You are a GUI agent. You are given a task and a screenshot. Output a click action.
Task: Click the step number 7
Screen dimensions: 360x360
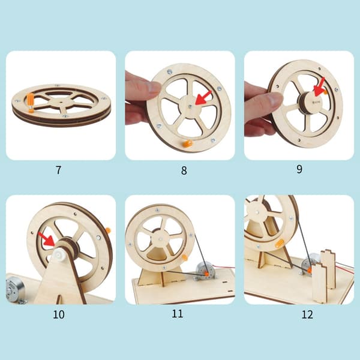[x=59, y=170]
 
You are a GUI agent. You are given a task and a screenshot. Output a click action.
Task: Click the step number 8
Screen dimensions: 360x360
[x=184, y=170]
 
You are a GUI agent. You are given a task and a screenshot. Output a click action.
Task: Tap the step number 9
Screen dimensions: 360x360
[x=299, y=169]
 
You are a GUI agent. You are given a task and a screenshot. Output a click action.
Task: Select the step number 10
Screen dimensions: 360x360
[x=59, y=314]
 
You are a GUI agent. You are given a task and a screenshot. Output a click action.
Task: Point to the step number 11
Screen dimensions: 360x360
[x=177, y=313]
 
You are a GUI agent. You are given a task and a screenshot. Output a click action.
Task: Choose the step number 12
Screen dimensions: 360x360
[x=307, y=314]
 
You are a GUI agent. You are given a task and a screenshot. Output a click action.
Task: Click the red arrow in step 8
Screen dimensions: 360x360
[x=203, y=98]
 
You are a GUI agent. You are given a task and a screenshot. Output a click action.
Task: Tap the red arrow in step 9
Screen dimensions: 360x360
[x=319, y=87]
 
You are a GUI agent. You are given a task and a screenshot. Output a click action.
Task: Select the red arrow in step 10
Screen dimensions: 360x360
[x=47, y=239]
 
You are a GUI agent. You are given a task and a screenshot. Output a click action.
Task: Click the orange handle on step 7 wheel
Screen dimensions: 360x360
[x=31, y=103]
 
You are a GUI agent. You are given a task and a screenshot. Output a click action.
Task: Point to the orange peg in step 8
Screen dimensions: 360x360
[x=188, y=143]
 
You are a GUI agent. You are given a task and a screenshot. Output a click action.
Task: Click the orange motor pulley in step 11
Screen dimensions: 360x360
[x=206, y=274]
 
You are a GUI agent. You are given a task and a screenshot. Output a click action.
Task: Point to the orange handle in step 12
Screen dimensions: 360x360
[x=280, y=243]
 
